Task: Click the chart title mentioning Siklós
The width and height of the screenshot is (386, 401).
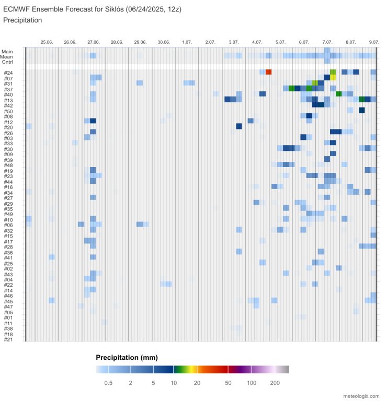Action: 93,10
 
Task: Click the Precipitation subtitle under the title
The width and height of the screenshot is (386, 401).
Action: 22,20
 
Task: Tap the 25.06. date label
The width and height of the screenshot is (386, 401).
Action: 47,42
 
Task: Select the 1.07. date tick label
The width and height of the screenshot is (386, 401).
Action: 187,42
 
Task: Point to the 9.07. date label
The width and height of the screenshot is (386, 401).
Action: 374,42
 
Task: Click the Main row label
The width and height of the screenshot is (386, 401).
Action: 7,51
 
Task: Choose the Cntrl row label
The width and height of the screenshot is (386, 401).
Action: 7,62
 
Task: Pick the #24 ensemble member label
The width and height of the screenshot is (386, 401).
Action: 8,73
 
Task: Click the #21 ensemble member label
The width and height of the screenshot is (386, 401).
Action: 8,339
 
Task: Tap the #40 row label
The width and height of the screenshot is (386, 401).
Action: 8,95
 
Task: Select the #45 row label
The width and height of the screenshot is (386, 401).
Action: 8,301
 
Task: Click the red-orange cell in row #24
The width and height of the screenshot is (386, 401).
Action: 268,72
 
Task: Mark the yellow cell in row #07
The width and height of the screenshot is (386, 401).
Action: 333,78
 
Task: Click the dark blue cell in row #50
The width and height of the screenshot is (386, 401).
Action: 361,111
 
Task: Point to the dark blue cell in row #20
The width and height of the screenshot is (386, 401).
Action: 239,126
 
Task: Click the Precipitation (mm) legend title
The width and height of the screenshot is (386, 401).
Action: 127,358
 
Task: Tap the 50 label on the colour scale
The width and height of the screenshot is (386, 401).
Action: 228,383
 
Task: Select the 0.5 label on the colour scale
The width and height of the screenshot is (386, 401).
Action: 108,383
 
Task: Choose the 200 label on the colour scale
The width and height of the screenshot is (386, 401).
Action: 275,383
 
